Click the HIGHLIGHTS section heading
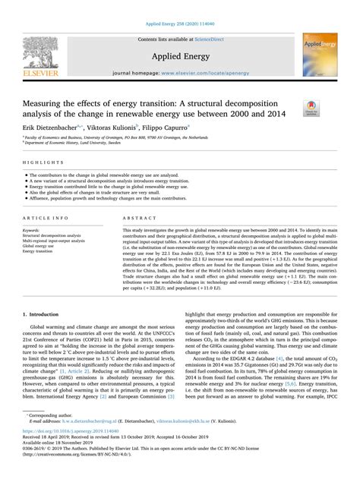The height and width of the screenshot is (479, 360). click(x=37, y=162)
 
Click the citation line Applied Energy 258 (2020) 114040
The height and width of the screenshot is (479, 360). click(x=180, y=7)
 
